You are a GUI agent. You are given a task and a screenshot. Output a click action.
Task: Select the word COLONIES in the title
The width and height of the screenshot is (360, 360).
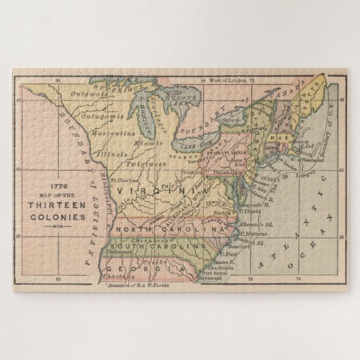[56, 218]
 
